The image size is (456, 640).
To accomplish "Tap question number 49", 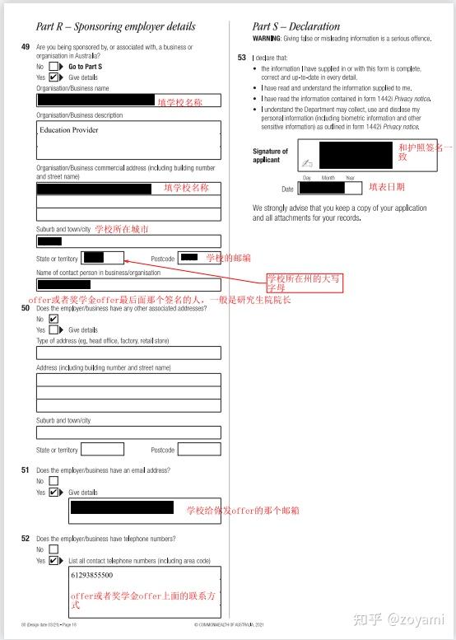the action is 26,47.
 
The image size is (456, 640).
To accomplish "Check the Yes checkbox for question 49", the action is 54,77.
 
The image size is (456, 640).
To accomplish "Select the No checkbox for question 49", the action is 54,66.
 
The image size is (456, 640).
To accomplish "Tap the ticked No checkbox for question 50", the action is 54,319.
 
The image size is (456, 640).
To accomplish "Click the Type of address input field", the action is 128,353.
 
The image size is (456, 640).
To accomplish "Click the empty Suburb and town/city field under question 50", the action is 128,432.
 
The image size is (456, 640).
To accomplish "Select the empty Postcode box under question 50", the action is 199,450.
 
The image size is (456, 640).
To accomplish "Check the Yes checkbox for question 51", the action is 54,492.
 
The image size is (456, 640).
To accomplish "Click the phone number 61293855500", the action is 92,575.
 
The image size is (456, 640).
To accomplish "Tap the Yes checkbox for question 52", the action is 54,560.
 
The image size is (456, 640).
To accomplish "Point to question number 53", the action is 241,58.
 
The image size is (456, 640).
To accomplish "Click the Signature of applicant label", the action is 270,155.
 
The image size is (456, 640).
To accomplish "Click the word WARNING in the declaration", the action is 268,39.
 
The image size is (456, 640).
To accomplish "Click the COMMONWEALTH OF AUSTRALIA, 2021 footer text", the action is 228,625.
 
